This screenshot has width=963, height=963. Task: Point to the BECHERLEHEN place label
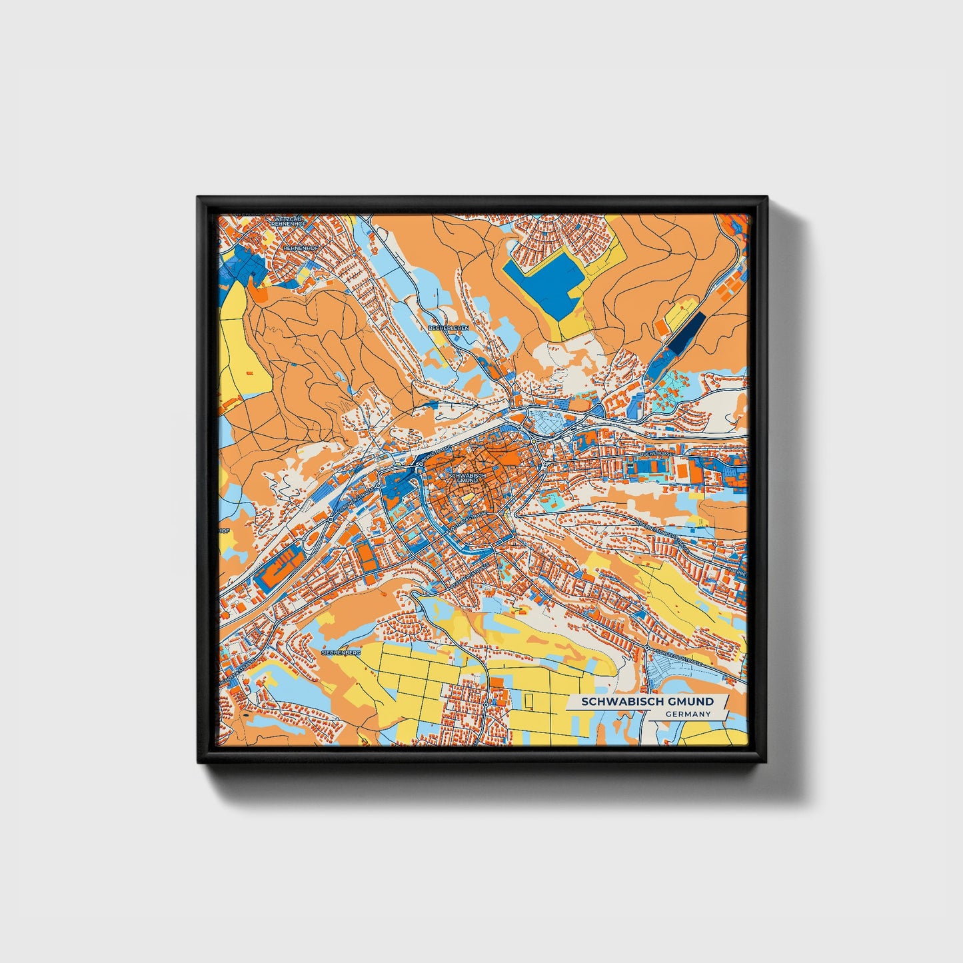tap(449, 329)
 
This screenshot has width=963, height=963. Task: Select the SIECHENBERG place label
tap(341, 654)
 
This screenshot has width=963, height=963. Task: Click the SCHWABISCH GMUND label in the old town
tap(463, 478)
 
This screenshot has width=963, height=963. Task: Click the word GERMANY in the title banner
tap(688, 714)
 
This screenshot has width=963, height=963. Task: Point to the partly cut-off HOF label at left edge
tap(225, 531)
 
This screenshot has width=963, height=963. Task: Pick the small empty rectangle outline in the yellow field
tap(530, 700)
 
